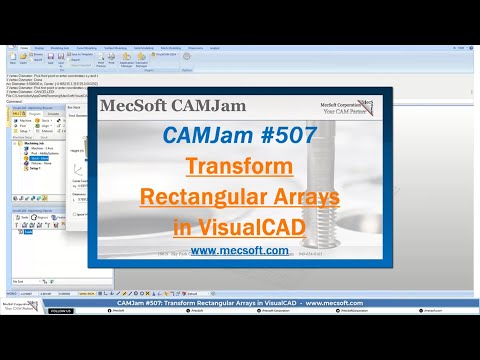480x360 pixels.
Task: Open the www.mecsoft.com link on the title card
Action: (x=241, y=251)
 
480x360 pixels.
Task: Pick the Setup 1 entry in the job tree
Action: (x=38, y=170)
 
